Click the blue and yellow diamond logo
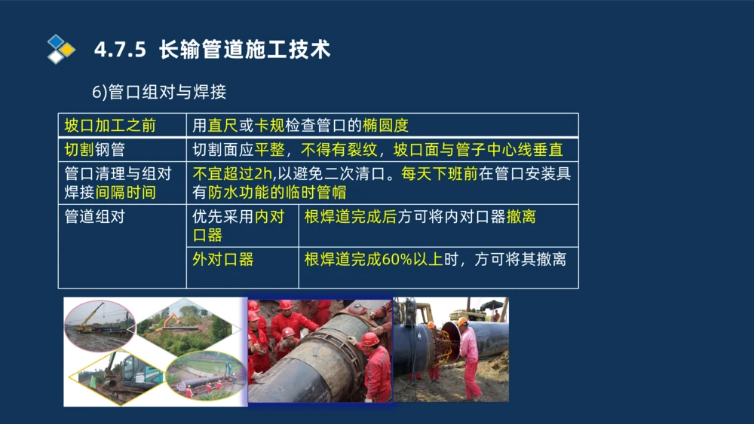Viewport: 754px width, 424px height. pos(61,49)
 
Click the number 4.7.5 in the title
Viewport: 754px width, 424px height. pos(120,50)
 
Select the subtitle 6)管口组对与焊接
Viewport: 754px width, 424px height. pos(159,93)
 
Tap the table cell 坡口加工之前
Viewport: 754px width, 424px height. pos(110,125)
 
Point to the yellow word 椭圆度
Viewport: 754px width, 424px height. pos(385,125)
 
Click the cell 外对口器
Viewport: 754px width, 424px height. pos(223,260)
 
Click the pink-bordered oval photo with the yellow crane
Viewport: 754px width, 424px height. pos(99,325)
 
